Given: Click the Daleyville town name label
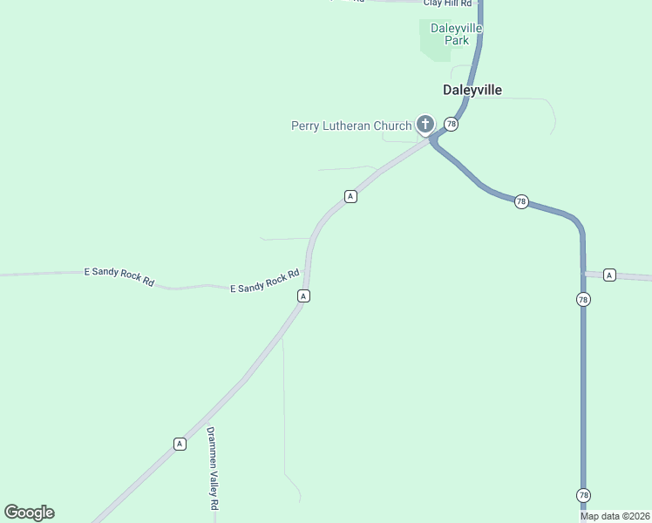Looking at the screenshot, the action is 472,90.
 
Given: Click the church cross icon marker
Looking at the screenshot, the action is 424,125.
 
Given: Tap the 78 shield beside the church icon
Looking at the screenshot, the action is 451,125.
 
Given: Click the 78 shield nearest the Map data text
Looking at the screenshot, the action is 583,495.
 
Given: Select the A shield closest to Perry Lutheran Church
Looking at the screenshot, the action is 350,196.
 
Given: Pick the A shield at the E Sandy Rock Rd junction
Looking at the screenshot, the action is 303,296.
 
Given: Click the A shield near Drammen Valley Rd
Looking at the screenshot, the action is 180,444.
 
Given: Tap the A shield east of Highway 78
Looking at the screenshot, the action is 609,275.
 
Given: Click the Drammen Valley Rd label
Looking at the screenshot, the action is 212,469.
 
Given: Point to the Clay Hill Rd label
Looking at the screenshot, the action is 447,3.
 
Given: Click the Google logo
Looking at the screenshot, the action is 29,513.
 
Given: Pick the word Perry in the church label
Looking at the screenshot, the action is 305,126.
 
